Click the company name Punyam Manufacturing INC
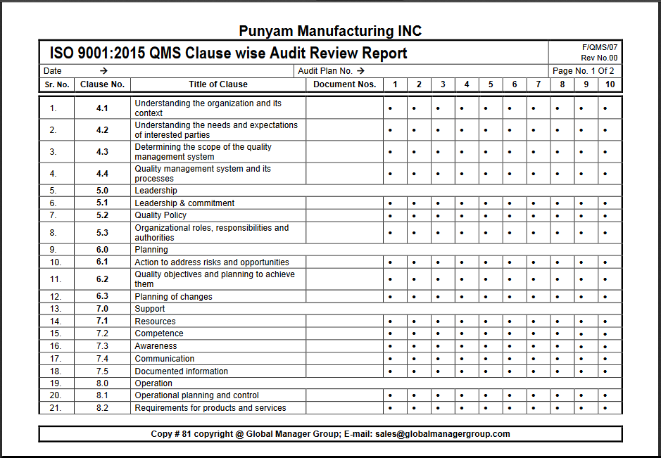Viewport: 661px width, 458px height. pos(330,31)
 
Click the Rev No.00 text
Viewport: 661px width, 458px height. pos(599,58)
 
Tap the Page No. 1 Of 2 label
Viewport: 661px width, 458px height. pos(583,71)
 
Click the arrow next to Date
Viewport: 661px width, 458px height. pos(103,71)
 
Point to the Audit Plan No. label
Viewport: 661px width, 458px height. pos(325,71)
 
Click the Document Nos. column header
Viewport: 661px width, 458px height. pos(345,84)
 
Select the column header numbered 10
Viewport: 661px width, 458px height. pos(610,84)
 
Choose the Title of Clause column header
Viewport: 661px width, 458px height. pos(218,84)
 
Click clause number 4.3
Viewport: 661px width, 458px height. pos(102,152)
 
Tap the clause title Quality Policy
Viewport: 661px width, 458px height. pos(160,215)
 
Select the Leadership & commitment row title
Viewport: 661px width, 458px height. pos(184,203)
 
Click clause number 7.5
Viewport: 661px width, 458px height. pos(102,371)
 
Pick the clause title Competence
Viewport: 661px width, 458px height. pos(159,333)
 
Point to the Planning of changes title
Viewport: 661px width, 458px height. pos(173,297)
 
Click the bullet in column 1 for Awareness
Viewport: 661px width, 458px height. pos(390,346)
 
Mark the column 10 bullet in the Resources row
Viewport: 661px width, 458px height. pos(605,322)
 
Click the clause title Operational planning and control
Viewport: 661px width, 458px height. pos(197,395)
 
